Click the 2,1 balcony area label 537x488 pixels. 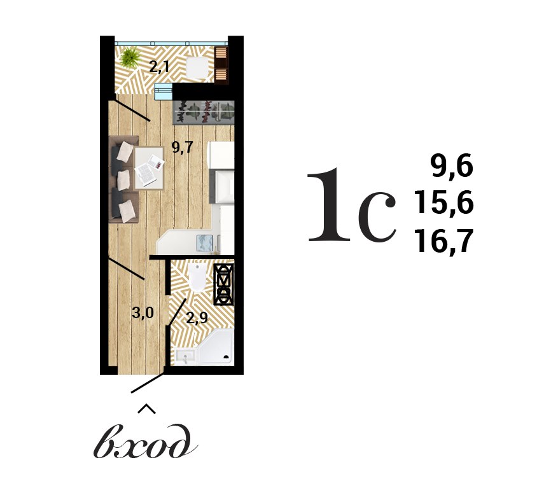coord(160,65)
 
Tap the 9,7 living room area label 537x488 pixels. coord(183,148)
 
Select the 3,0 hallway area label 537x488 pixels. coord(143,312)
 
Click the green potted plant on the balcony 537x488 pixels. coord(131,57)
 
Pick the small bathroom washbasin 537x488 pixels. coord(185,356)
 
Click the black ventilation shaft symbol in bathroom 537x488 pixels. coord(223,283)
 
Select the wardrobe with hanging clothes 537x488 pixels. coord(204,112)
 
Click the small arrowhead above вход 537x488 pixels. coord(146,408)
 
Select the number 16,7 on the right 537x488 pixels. coord(444,242)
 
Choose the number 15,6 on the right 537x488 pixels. coord(444,204)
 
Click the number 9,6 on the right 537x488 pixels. coord(452,167)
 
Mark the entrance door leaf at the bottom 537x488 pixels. coord(148,382)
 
